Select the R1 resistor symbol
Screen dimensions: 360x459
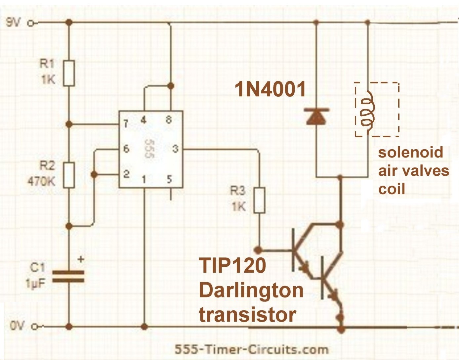(69, 73)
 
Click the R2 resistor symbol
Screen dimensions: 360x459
(69, 175)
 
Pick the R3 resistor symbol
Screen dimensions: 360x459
(259, 200)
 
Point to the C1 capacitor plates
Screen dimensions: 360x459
(68, 277)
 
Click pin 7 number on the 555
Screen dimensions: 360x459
(126, 124)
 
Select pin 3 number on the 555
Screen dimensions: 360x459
(175, 149)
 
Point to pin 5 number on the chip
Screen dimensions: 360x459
(169, 179)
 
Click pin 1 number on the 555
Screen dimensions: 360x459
(144, 180)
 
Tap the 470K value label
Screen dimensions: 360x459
(41, 181)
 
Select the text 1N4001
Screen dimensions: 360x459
(270, 89)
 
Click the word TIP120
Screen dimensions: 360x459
(232, 265)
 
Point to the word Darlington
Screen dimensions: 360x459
(251, 290)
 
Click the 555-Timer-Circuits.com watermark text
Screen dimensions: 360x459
(251, 349)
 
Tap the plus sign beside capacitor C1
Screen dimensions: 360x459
(80, 259)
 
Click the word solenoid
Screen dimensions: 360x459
(410, 153)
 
